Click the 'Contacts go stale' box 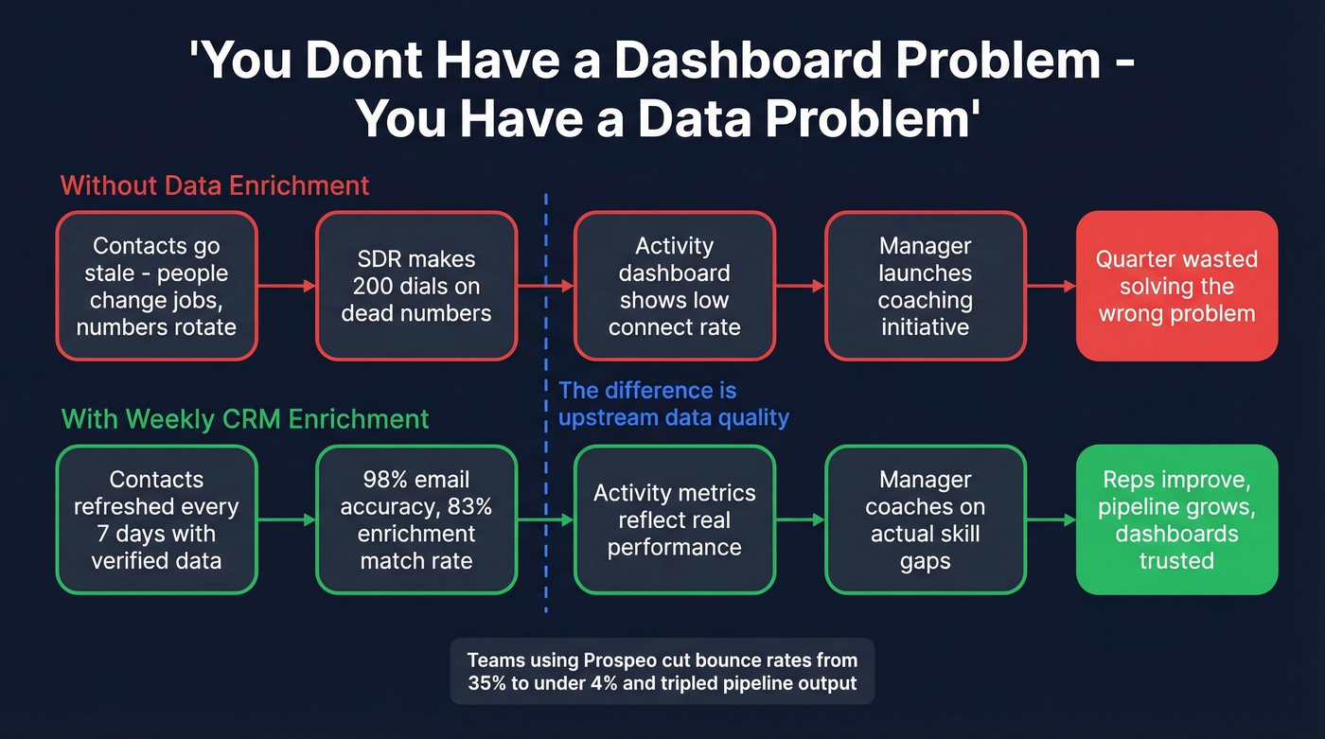(156, 286)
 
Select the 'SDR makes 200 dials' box (416, 286)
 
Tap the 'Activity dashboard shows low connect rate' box (674, 286)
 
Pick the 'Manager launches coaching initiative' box (925, 286)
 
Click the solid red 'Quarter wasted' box (1176, 286)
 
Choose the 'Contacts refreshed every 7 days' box (156, 519)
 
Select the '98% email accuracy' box (416, 519)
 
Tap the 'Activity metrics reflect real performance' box (674, 519)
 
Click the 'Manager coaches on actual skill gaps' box (925, 519)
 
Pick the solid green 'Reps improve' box (1176, 519)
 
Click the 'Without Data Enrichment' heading (215, 185)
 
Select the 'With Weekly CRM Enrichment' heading (245, 418)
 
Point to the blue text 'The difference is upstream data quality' (673, 404)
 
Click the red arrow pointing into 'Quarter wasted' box (1051, 286)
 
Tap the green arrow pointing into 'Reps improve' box (1051, 519)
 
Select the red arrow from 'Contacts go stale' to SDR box (287, 286)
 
